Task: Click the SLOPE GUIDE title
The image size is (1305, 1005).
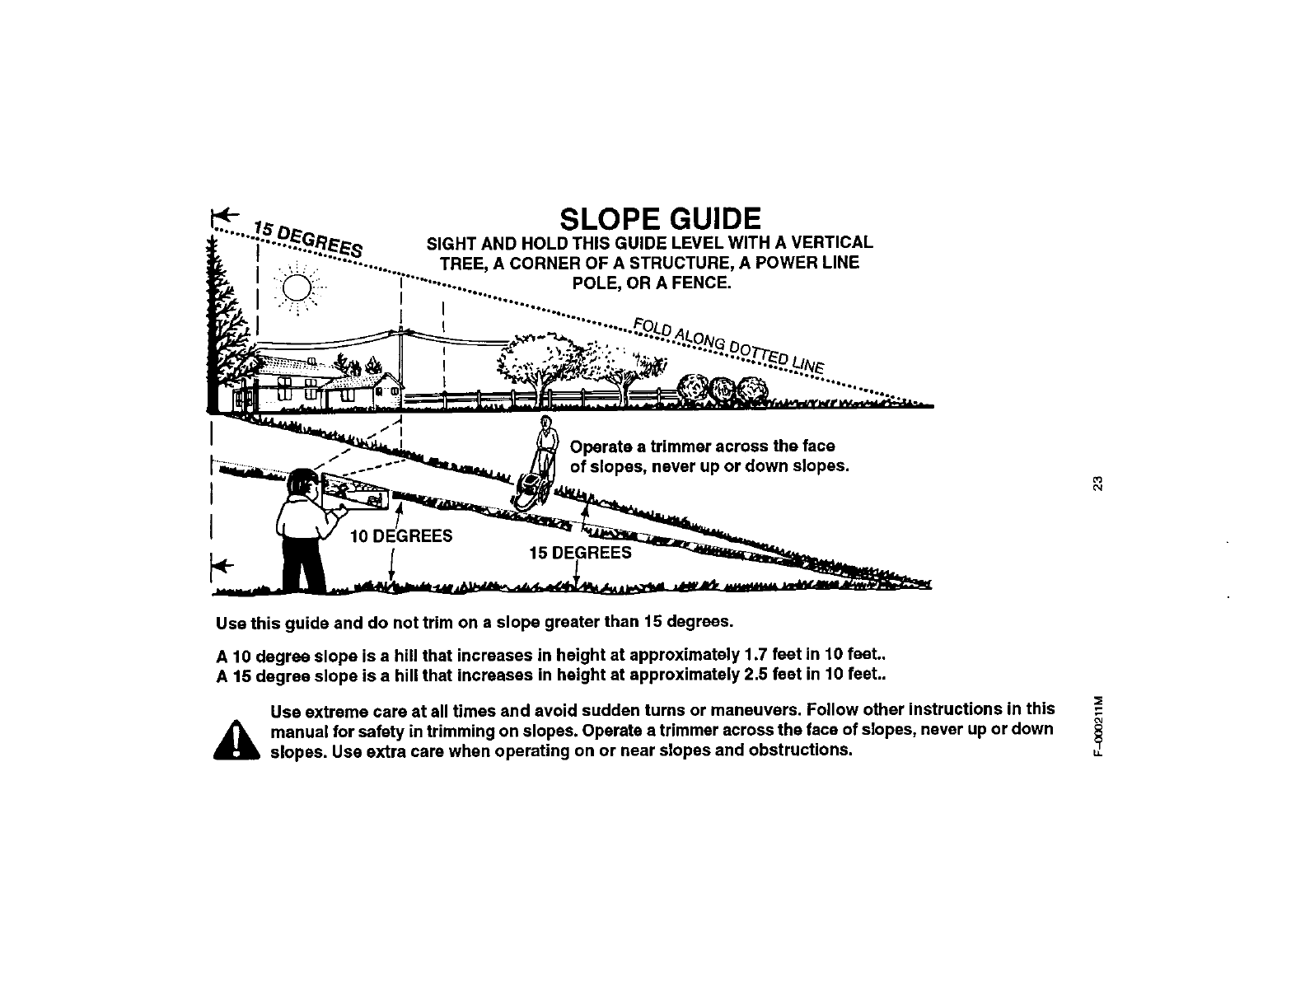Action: (x=659, y=219)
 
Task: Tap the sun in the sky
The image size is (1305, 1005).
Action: (x=297, y=289)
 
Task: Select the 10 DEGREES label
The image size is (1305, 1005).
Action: (x=400, y=537)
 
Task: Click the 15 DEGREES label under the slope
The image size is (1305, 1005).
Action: (x=580, y=553)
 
